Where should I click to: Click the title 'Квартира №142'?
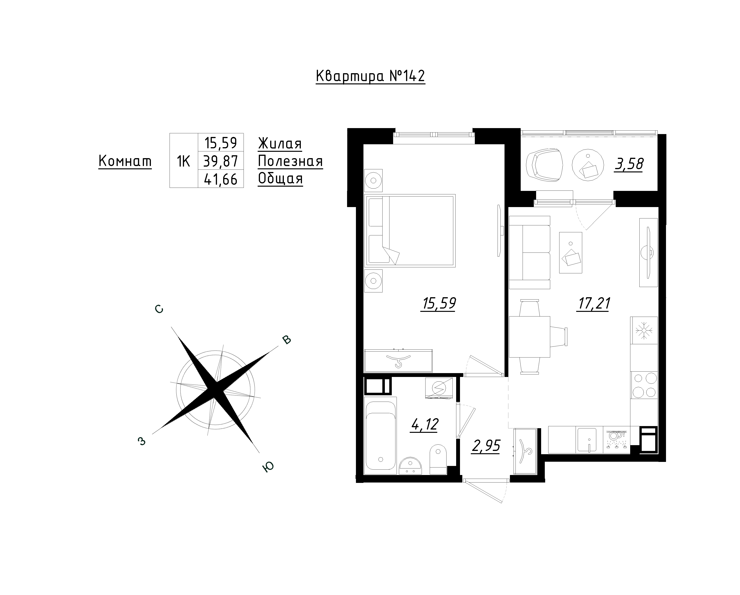pos(370,76)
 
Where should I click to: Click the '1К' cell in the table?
pos(184,161)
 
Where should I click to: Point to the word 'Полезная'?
pos(290,161)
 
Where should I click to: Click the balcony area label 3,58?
pos(629,164)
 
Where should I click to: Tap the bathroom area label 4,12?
pos(424,425)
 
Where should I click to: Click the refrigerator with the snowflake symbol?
pos(644,330)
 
